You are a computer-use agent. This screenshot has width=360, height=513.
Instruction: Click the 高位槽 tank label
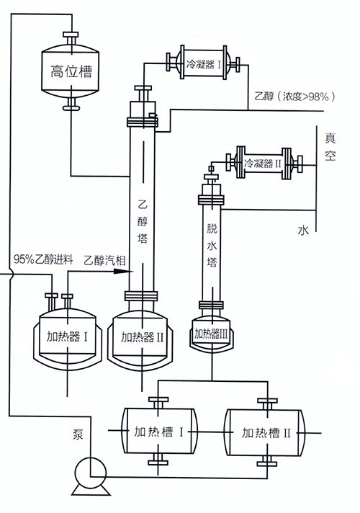(x=71, y=71)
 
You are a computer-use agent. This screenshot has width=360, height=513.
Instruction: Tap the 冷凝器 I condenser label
(x=203, y=64)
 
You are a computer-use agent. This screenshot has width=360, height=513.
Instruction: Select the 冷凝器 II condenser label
(x=263, y=163)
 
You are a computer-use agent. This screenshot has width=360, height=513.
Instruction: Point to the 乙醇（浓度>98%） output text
(x=294, y=97)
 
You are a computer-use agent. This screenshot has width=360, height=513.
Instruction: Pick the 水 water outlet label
(x=303, y=230)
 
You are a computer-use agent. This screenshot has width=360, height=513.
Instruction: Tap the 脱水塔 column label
(x=212, y=246)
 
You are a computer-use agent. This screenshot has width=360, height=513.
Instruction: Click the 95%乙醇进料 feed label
(x=43, y=259)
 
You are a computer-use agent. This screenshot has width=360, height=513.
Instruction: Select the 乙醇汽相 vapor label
(x=104, y=260)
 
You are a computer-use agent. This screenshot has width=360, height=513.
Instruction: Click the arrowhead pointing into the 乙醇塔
(x=124, y=271)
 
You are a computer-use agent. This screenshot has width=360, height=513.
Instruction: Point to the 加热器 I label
(x=67, y=336)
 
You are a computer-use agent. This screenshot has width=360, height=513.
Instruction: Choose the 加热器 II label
(x=142, y=336)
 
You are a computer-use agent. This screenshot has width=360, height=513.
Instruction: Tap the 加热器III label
(x=211, y=334)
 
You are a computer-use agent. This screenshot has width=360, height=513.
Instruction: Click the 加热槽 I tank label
(x=159, y=432)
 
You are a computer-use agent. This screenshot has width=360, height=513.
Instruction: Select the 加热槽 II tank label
(x=266, y=433)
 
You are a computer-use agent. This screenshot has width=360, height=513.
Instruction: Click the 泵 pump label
(x=78, y=434)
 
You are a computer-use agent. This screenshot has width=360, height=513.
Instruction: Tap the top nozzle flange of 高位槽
(x=71, y=35)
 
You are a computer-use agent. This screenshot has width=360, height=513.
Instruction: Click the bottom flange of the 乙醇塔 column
(x=142, y=296)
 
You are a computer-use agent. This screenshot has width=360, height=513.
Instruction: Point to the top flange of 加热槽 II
(x=267, y=401)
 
